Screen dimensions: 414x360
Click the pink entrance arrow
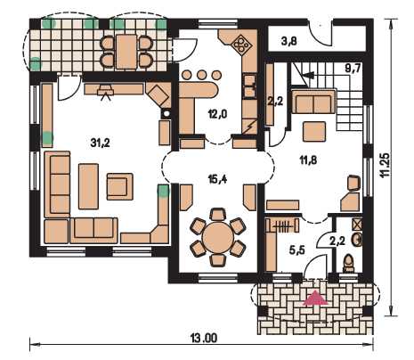[x=315, y=298]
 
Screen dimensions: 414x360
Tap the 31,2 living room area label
[x=100, y=143]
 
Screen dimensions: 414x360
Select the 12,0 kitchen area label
[x=217, y=114]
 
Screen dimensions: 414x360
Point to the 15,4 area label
[x=218, y=179]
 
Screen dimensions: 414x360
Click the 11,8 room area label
[x=308, y=160]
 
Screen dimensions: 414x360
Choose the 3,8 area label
[x=288, y=41]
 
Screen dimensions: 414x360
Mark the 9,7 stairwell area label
[x=353, y=69]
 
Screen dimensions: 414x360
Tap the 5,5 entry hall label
[x=296, y=250]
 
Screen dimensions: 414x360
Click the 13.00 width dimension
[x=203, y=338]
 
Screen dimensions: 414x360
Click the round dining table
[x=218, y=237]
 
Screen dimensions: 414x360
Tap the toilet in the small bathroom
[x=348, y=263]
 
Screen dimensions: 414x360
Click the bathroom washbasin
[x=357, y=240]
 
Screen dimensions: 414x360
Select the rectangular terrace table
[x=126, y=52]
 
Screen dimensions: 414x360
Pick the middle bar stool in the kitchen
[x=201, y=75]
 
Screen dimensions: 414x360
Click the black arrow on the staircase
[x=310, y=76]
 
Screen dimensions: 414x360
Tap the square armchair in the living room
[x=119, y=186]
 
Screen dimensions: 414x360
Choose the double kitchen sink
[x=250, y=86]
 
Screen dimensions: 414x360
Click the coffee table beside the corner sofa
[x=88, y=186]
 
